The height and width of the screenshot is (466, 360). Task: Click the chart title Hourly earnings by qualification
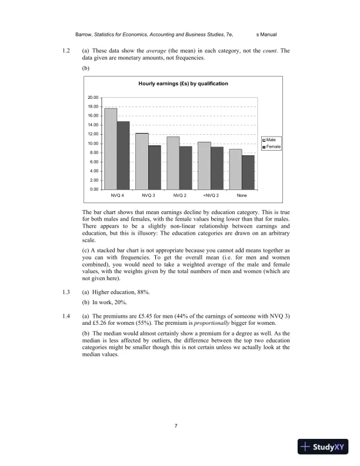[x=183, y=84]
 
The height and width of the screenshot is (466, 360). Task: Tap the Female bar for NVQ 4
[x=123, y=155]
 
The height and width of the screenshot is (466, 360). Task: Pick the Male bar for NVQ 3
[x=142, y=161]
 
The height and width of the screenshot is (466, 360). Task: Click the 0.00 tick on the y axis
[x=94, y=189]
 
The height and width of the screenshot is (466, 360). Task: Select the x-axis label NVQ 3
[x=148, y=195]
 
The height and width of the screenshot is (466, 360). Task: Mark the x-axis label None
[x=241, y=195]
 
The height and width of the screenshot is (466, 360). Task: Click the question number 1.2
[x=66, y=51]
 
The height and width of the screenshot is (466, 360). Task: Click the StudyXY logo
[x=324, y=447]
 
